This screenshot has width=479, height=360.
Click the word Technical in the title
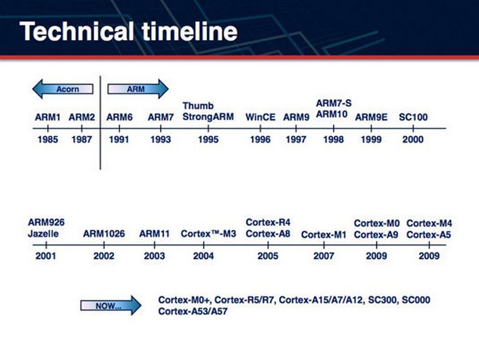77,31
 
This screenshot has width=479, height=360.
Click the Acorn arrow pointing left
63,89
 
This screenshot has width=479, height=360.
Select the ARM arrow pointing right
138,89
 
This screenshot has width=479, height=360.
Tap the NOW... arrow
110,305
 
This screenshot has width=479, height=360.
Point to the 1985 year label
48,140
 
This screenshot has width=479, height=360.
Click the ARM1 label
48,117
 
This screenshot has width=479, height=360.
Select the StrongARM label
208,117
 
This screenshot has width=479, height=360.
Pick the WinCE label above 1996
260,117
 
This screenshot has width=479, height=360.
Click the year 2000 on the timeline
413,140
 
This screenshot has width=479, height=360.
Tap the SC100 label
413,117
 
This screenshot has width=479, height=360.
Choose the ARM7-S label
334,103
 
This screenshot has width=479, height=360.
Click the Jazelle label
43,234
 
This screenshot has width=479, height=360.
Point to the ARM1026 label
104,234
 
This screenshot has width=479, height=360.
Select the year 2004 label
204,256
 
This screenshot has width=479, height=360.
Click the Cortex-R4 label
268,222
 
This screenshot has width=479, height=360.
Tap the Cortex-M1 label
324,235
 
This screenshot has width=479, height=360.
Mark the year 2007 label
324,256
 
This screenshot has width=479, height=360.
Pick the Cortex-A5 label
429,235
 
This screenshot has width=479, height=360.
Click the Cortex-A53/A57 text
193,312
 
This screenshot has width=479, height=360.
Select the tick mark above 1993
160,129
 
